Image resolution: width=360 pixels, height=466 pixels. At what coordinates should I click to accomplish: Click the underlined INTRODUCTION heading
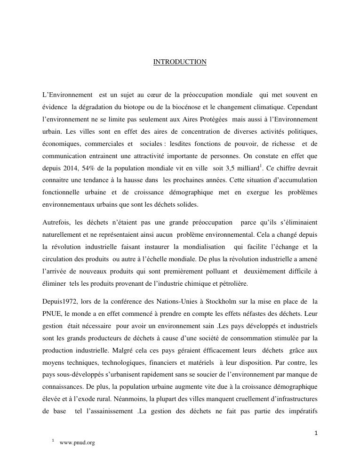tap(180, 62)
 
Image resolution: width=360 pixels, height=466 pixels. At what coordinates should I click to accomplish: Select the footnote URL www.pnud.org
tap(77, 443)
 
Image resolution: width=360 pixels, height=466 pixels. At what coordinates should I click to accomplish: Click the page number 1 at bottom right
tap(316, 433)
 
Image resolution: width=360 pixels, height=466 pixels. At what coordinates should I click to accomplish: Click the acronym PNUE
tap(52, 313)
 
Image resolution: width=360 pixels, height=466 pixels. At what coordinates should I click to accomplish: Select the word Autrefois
tap(56, 222)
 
